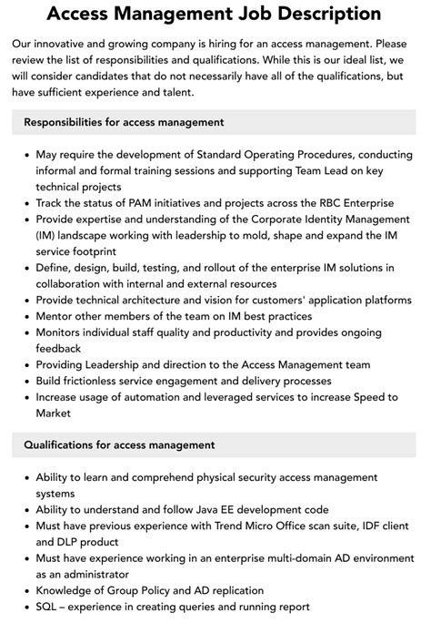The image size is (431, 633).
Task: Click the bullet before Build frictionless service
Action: tap(24, 381)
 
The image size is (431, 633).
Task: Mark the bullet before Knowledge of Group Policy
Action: tap(24, 590)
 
